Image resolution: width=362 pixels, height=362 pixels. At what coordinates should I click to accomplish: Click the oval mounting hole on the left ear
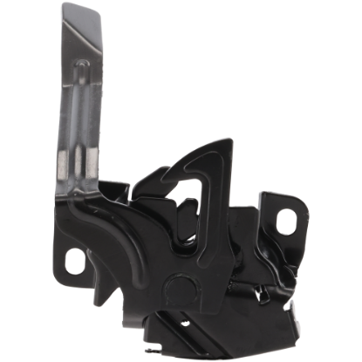pos(83,259)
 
